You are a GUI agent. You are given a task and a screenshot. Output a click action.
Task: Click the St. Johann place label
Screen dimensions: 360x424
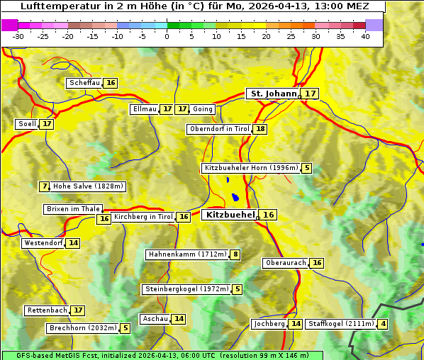(273, 94)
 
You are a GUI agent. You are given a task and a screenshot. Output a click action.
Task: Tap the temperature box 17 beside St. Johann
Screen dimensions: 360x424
(311, 94)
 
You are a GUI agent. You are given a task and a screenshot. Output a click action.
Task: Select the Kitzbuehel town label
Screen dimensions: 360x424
(229, 215)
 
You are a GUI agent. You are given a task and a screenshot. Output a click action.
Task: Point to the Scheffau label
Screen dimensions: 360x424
(84, 83)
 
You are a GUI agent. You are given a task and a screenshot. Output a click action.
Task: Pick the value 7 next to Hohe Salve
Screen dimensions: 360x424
(45, 186)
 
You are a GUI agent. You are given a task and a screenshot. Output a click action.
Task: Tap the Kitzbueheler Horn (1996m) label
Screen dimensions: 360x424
(250, 168)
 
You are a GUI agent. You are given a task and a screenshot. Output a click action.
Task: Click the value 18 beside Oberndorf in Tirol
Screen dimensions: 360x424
(261, 129)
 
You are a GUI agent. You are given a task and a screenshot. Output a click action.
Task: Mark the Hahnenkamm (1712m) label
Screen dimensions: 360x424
(186, 254)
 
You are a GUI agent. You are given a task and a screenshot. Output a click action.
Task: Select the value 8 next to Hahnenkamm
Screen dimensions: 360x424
(235, 254)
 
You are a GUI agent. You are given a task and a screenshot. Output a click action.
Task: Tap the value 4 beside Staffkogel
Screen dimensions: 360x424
(384, 324)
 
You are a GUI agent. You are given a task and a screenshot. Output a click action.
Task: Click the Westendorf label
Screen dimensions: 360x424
(43, 243)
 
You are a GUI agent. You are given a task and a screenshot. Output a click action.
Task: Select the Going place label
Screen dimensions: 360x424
(203, 109)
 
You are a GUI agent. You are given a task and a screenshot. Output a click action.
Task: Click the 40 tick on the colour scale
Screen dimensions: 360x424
(365, 36)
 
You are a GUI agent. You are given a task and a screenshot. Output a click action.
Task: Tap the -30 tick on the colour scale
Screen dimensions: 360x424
(18, 36)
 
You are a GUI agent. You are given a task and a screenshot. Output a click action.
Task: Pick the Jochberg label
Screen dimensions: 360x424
(269, 324)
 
